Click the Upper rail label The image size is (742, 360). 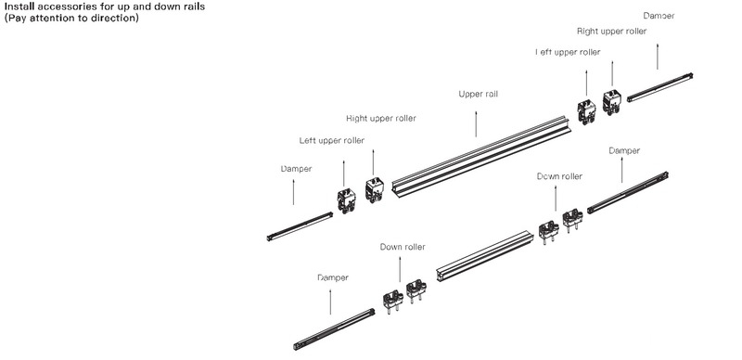pyautogui.click(x=478, y=94)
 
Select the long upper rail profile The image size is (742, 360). pyautogui.click(x=481, y=156)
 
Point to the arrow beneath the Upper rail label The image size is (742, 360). pyautogui.click(x=476, y=124)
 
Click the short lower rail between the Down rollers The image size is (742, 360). pyautogui.click(x=484, y=256)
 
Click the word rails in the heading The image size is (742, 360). pyautogui.click(x=194, y=7)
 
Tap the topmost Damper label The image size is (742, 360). pyautogui.click(x=659, y=16)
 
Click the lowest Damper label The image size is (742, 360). pyautogui.click(x=333, y=277)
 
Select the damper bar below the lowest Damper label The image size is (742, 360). pyautogui.click(x=334, y=329)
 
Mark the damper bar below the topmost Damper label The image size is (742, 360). pyautogui.click(x=660, y=87)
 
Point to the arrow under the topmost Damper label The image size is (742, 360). pyautogui.click(x=658, y=57)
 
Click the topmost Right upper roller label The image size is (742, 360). pyautogui.click(x=611, y=32)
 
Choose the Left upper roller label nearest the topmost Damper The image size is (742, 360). pyautogui.click(x=568, y=52)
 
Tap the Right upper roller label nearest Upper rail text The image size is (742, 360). pyautogui.click(x=381, y=118)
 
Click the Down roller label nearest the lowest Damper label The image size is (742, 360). pyautogui.click(x=403, y=247)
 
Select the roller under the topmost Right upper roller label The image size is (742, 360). pyautogui.click(x=611, y=102)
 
